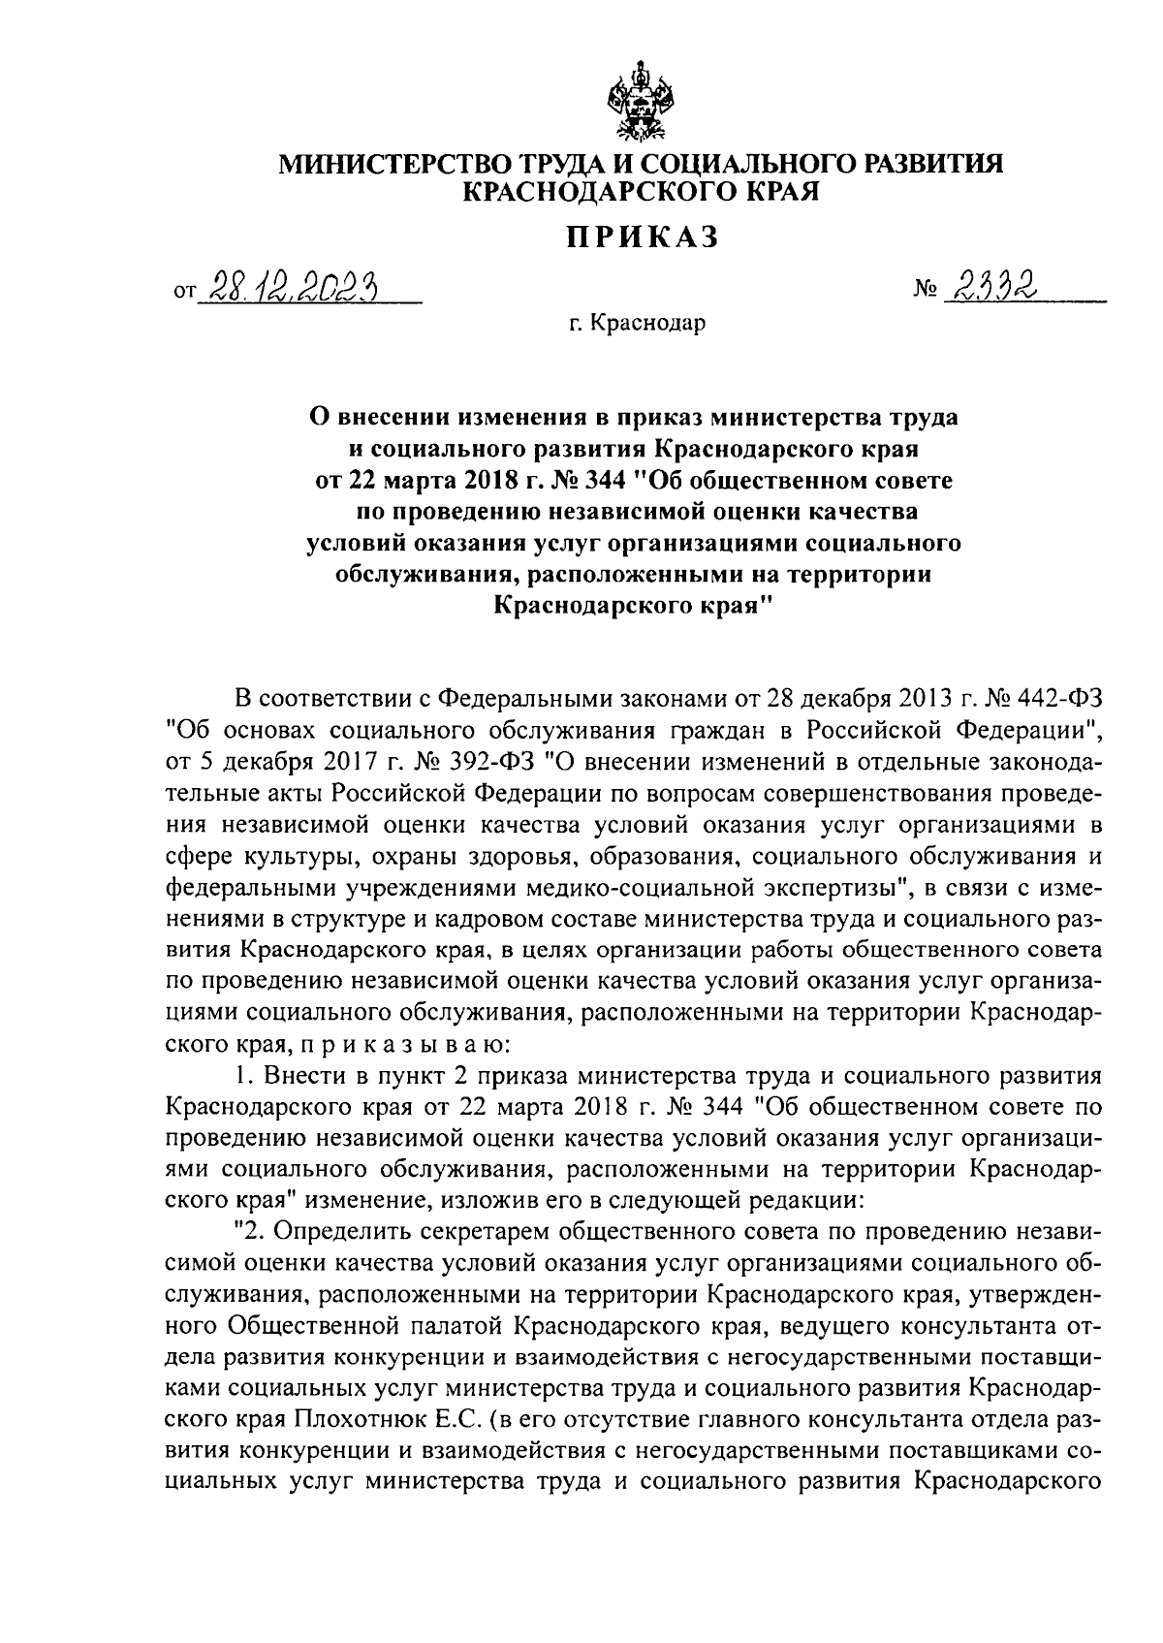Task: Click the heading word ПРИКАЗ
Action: coord(643,236)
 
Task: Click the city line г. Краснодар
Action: coord(638,323)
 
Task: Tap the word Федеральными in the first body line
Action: coord(511,699)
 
